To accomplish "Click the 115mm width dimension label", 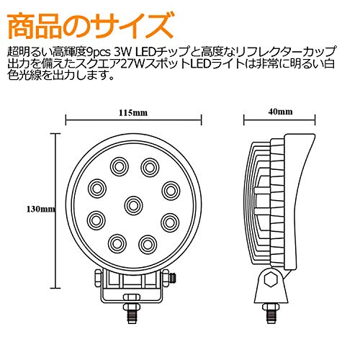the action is pos(133,112).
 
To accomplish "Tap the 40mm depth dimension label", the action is pos(280,112).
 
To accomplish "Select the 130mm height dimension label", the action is pos(41,210).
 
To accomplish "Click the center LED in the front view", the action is pos(133,205).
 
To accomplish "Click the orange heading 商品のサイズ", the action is pos(91,27).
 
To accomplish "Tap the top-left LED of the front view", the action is pos(120,166).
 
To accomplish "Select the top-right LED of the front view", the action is pos(150,167).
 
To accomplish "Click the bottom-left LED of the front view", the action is pos(117,243).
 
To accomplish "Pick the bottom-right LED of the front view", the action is pos(148,244).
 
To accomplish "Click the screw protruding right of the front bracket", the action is pos(173,279).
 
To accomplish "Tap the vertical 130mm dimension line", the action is pos(57,210).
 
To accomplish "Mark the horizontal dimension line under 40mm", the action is pos(279,120).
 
